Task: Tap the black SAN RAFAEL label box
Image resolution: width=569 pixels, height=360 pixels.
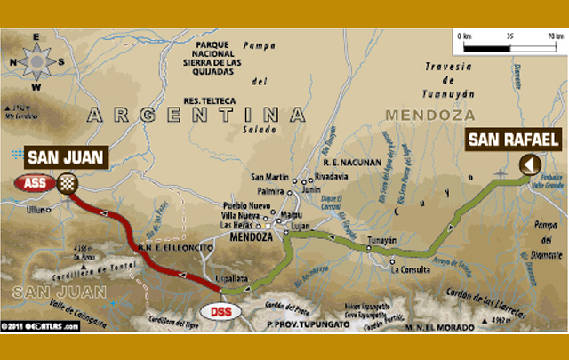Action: pos(513,139)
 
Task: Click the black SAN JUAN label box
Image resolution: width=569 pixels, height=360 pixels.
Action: pos(66,158)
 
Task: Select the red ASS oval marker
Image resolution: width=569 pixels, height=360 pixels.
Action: pos(35,184)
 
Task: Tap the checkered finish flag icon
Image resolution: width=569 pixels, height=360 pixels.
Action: pos(68,184)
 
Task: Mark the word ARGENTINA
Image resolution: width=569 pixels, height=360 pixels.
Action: pos(190,115)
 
